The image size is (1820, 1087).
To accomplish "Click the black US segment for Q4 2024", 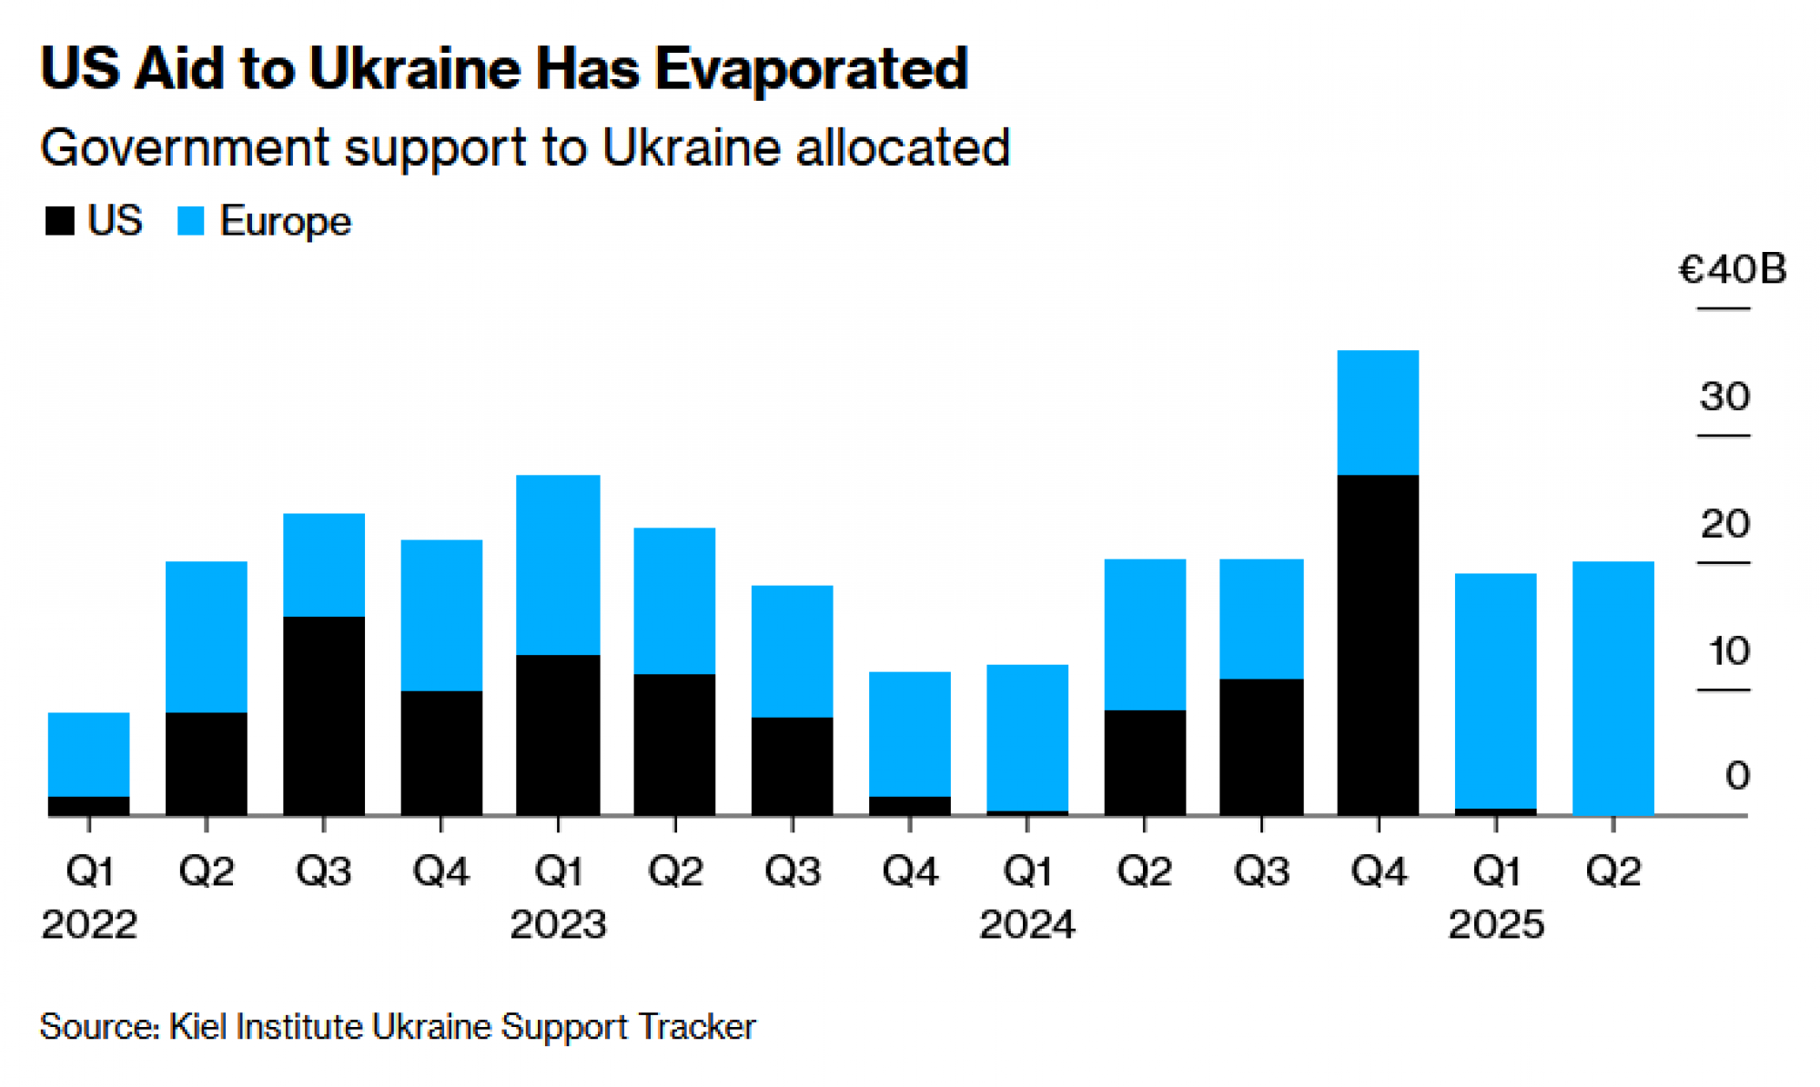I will (x=1378, y=645).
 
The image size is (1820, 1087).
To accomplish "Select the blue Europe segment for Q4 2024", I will (x=1378, y=412).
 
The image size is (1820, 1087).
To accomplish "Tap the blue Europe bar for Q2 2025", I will (x=1613, y=688).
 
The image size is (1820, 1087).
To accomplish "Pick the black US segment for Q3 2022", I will (x=324, y=716).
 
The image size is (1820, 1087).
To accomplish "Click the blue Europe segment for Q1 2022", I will (x=88, y=754).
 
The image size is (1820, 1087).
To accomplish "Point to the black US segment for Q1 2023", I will (x=558, y=735).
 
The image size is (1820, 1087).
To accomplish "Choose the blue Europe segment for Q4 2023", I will (x=910, y=734).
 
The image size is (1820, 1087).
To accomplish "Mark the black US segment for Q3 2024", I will (x=1261, y=747).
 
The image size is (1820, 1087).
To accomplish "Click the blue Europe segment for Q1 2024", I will (x=1027, y=737).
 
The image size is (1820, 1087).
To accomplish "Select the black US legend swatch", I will (x=59, y=221).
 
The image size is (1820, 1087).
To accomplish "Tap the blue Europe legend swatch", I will (x=191, y=221).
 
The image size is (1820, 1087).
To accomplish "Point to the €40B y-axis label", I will (x=1732, y=269).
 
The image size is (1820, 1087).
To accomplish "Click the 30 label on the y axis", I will (x=1724, y=397).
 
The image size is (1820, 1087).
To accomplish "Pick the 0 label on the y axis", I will (x=1737, y=776).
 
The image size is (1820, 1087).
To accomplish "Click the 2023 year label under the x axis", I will (x=558, y=925).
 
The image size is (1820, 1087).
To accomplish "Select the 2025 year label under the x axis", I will (x=1496, y=925).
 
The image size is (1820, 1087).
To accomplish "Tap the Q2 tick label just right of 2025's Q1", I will (x=1613, y=871).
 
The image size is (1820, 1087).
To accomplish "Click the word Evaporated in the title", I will (x=811, y=69).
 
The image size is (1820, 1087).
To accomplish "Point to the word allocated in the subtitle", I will (x=903, y=147).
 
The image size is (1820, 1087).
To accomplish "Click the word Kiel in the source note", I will (x=198, y=1026).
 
